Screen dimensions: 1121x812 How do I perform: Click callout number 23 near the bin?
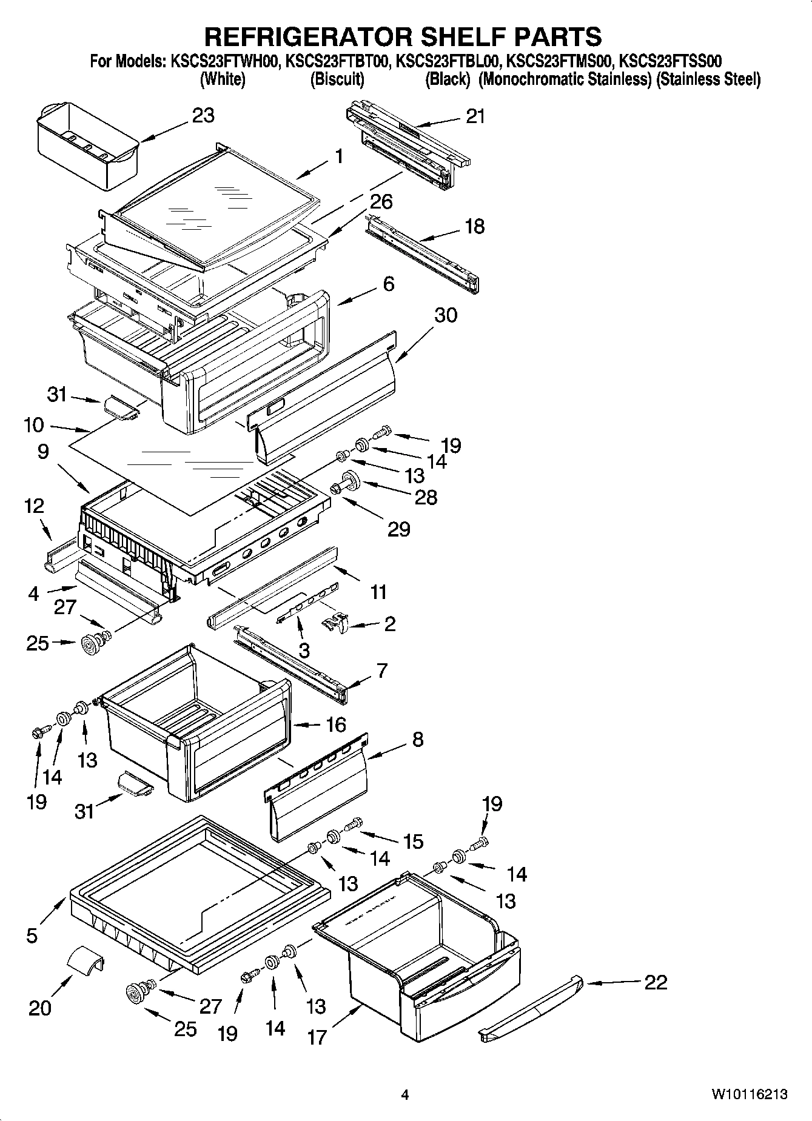point(203,115)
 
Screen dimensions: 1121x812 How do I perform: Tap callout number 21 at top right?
point(475,116)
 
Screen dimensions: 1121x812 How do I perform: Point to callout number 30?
point(446,315)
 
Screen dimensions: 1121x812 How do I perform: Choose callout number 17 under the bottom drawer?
point(317,1037)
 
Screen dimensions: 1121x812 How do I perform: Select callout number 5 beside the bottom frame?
point(32,935)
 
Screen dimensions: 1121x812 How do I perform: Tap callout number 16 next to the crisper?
point(335,724)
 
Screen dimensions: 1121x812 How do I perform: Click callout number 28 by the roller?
point(426,497)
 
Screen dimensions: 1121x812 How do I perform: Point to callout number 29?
point(399,529)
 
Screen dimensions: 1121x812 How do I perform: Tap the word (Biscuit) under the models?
point(337,79)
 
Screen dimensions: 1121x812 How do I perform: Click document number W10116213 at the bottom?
point(750,1094)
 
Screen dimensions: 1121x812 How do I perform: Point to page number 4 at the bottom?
point(405,1095)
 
